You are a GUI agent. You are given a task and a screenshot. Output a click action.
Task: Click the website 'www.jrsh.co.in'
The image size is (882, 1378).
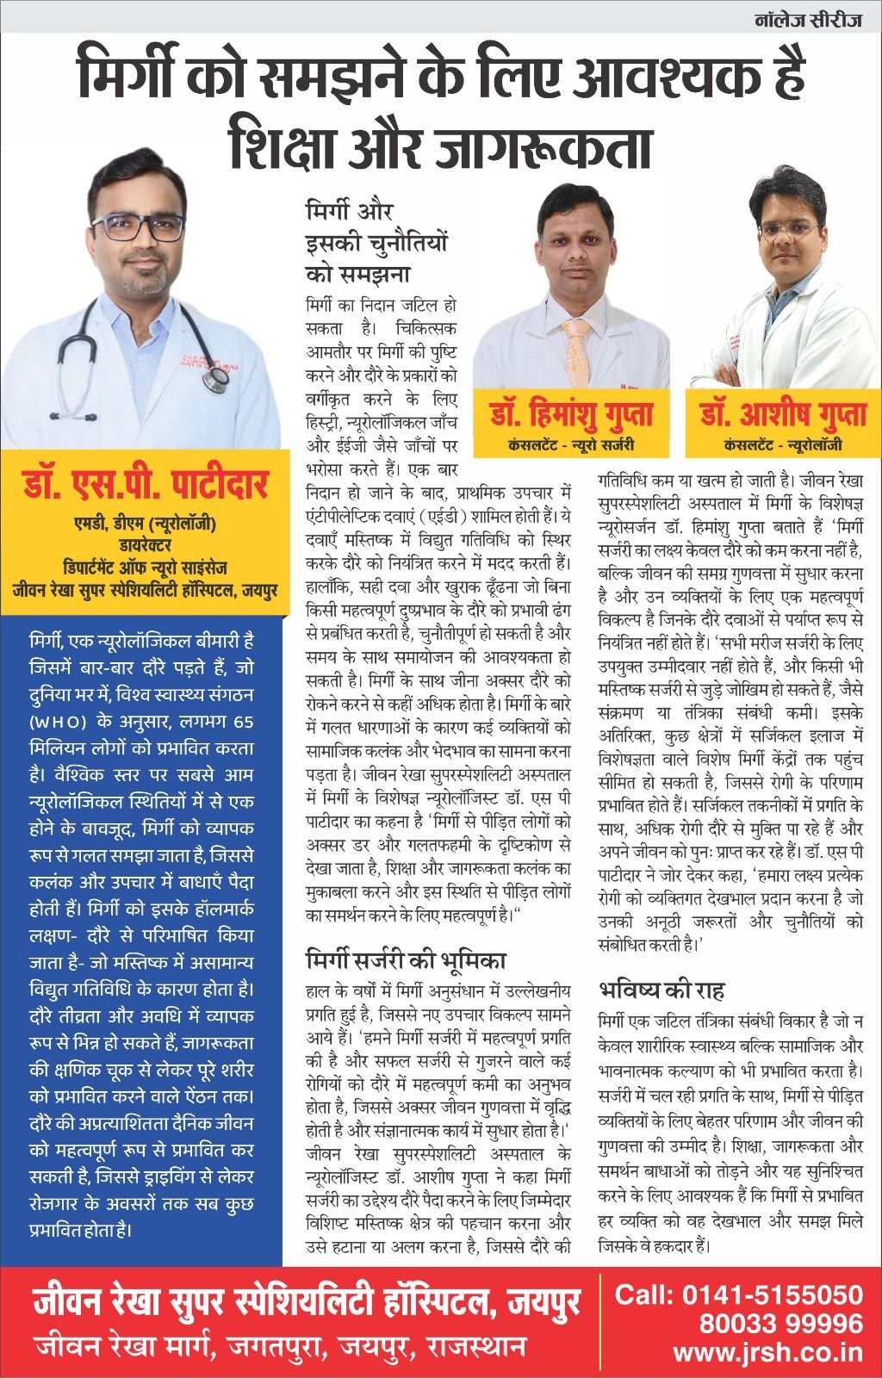click(768, 1352)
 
